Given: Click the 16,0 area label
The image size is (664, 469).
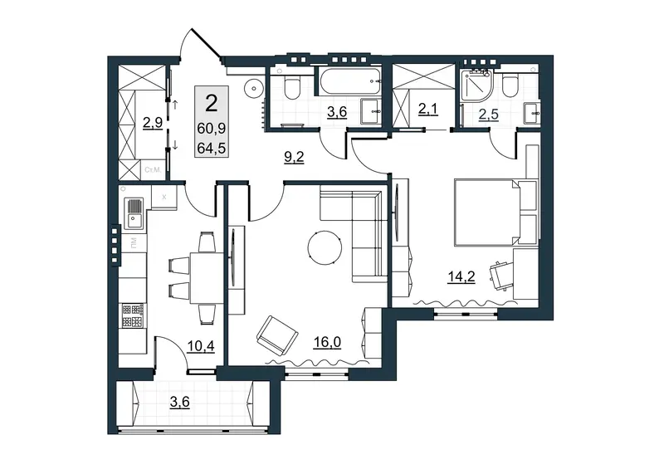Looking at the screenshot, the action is coord(327,342).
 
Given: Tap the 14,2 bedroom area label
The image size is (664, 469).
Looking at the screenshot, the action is coord(461,276).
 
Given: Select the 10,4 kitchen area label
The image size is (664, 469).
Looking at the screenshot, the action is coord(201,346).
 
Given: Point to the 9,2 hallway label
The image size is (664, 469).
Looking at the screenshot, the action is coord(294,158).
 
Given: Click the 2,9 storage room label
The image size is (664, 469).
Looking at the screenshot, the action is coord(153,123).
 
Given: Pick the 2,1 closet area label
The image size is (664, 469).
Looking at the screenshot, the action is coord(427,110).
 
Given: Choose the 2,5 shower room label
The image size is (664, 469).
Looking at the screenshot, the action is coord(488,115).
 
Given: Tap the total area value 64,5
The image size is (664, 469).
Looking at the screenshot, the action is coord(212,149).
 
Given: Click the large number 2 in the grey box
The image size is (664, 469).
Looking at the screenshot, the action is coord(211,104).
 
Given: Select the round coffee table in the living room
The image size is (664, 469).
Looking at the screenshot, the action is coord(325,247).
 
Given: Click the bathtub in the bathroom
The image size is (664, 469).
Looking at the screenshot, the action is coord(349,82).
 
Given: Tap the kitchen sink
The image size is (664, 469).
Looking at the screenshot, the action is coord(134,214).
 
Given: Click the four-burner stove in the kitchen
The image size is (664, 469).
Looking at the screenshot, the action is coord(133,315).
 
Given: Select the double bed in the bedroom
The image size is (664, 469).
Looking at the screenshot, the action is coord(486,213).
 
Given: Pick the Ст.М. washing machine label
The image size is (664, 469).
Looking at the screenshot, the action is coord(153,170).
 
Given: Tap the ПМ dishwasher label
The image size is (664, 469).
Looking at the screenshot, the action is coord(134,242).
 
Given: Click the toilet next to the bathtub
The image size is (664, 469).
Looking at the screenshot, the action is coord(292,87).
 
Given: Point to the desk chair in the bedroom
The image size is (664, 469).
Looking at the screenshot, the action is coord(501,276).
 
